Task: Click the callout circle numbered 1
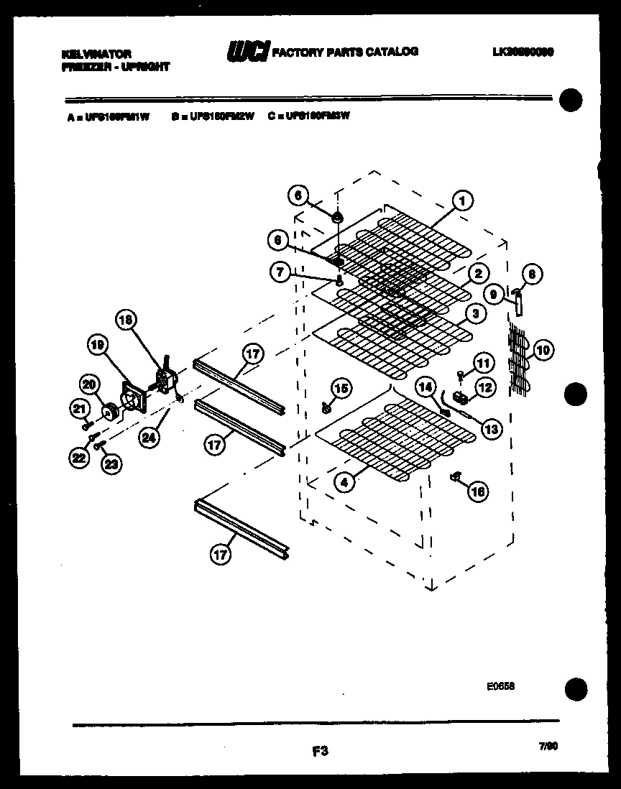click(x=464, y=202)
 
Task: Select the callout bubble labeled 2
click(x=477, y=273)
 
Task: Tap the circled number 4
click(x=345, y=483)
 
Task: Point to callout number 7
click(x=280, y=272)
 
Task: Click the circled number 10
click(x=543, y=350)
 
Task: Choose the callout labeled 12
click(x=487, y=388)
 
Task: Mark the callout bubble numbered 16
click(x=477, y=492)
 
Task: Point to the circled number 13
click(x=491, y=429)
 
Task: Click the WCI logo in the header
click(x=248, y=52)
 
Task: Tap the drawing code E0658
click(x=500, y=686)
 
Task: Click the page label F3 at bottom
click(x=321, y=752)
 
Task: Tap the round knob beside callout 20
click(x=111, y=412)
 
